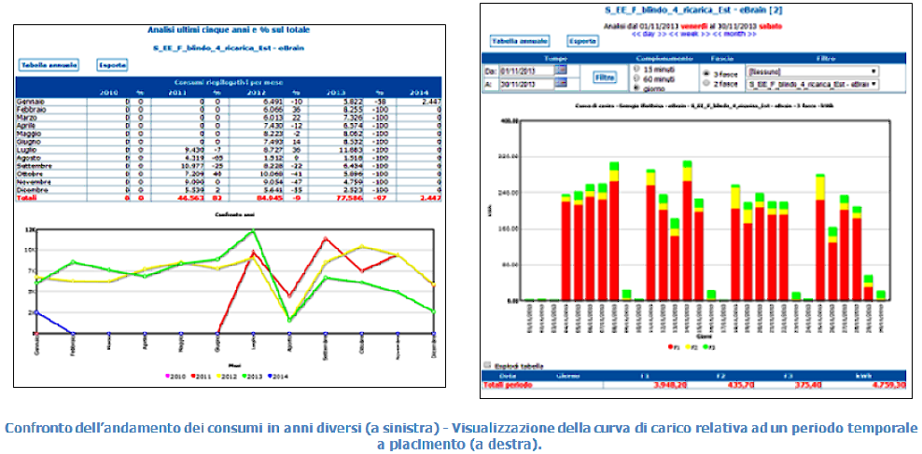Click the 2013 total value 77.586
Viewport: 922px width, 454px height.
350,199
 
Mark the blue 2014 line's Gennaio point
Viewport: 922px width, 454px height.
37,311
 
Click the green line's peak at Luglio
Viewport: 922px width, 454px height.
253,230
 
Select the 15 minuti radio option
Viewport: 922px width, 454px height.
638,71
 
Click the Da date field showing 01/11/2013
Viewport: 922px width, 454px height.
525,71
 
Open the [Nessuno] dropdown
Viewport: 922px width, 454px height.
812,71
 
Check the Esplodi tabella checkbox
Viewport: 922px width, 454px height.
486,365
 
